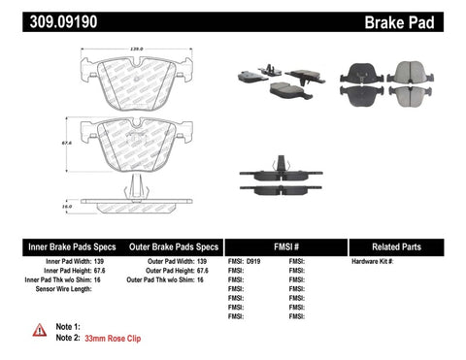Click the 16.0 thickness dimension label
click(x=67, y=206)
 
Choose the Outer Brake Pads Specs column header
click(x=170, y=247)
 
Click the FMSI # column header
click(x=285, y=247)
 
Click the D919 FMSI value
click(x=253, y=262)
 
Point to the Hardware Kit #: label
click(x=374, y=262)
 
